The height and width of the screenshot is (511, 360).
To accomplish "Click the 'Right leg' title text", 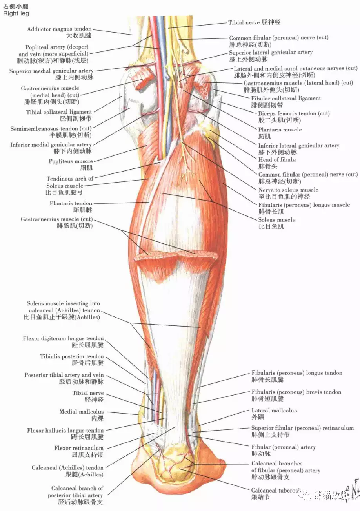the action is click(16, 13).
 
